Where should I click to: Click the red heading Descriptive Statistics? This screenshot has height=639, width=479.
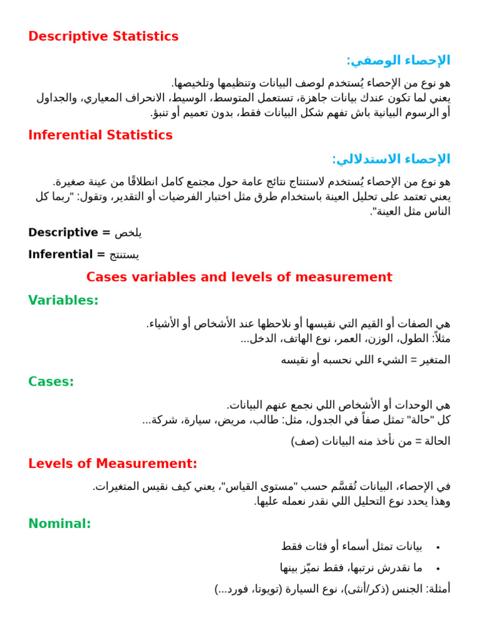104,37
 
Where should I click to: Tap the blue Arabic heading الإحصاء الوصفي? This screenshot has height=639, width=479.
399,61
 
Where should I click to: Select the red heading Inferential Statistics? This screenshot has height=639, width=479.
100,135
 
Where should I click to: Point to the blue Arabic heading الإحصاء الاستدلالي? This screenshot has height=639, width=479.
391,159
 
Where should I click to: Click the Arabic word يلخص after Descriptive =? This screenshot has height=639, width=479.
128,233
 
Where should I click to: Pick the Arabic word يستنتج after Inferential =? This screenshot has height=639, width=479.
124,255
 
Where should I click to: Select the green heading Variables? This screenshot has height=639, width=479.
64,300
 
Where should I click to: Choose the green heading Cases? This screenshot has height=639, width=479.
51,381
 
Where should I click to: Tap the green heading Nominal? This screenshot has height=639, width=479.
60,524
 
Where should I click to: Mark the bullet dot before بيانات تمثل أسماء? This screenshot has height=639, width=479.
438,547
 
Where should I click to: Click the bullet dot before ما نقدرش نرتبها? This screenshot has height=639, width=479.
438,568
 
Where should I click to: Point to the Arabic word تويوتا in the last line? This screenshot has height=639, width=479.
265,589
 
